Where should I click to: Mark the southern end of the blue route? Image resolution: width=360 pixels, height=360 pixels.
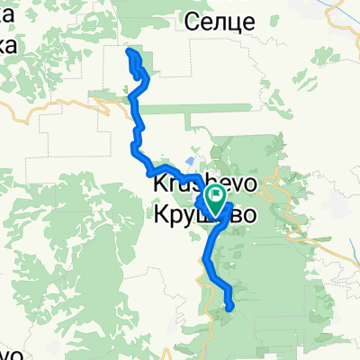(x=231, y=307)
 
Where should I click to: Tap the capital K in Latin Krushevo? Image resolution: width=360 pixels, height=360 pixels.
(x=158, y=184)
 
